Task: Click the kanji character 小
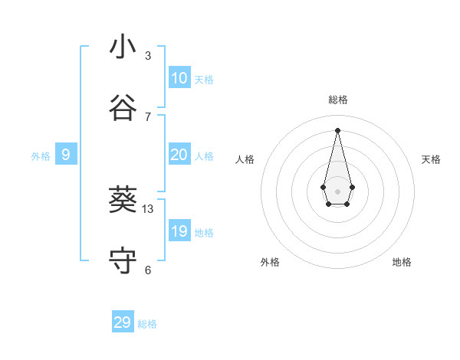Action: click(123, 47)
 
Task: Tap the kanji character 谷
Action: click(123, 109)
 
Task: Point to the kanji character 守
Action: click(123, 261)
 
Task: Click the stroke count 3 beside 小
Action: click(148, 56)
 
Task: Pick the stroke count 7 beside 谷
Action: click(148, 117)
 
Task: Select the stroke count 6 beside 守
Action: click(148, 270)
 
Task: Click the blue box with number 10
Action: click(179, 77)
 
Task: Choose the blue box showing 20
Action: click(179, 155)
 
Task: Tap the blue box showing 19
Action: click(179, 231)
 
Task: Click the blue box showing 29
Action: click(123, 322)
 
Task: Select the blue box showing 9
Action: click(66, 155)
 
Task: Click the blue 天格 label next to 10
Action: click(203, 80)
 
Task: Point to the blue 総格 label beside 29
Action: click(147, 324)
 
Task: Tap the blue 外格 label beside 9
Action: click(41, 156)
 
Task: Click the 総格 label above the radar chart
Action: click(337, 100)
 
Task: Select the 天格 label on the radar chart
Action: click(431, 159)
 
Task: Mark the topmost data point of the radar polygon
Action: click(337, 129)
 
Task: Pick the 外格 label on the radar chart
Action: click(270, 262)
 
